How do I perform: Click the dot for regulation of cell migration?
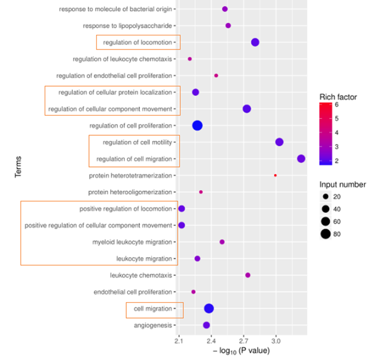[301, 159]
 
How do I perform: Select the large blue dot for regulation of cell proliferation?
[197, 125]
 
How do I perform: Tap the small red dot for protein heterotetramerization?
[275, 175]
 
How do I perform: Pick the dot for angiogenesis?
[206, 325]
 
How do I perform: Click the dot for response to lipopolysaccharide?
[228, 25]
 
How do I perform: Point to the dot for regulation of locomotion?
[255, 42]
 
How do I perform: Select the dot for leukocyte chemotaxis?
[248, 275]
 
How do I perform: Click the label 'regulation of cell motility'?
[137, 142]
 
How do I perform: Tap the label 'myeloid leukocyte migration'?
[133, 242]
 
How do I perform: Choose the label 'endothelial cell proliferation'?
[133, 292]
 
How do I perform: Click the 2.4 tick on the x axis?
[211, 341]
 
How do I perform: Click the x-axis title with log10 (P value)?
[241, 351]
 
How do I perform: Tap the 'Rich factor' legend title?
[338, 96]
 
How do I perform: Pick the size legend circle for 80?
[325, 234]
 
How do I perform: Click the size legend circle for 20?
[325, 196]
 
